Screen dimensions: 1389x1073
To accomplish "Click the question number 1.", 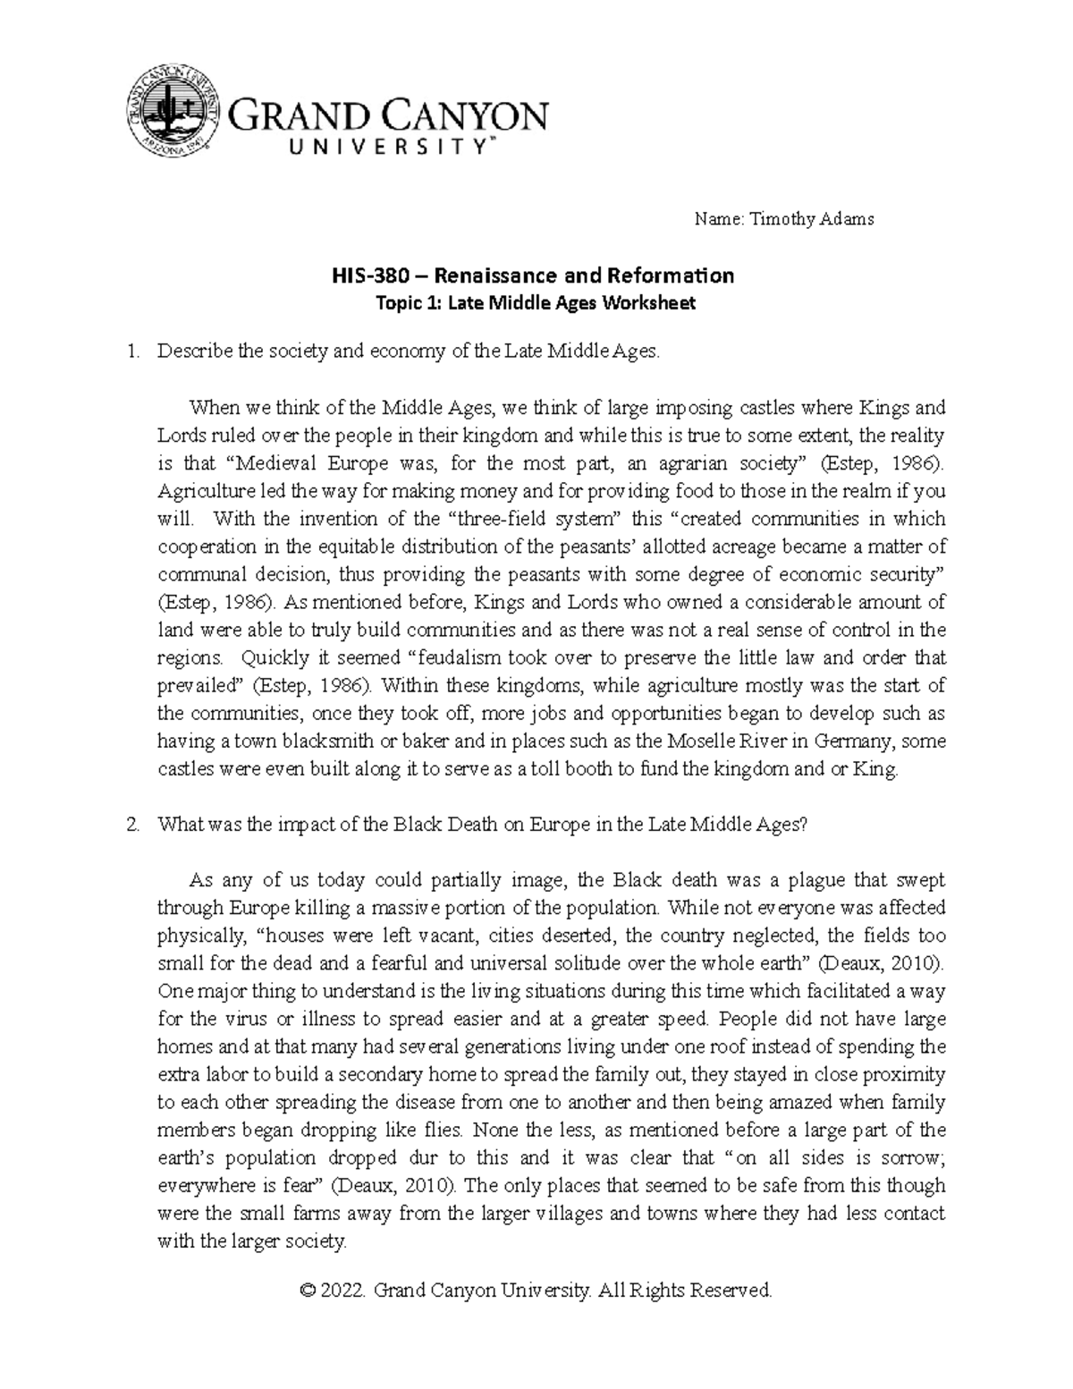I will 132,351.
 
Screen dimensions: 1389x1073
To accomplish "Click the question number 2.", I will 132,825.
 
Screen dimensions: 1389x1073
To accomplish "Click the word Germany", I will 857,741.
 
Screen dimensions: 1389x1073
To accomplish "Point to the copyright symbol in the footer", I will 308,1291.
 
